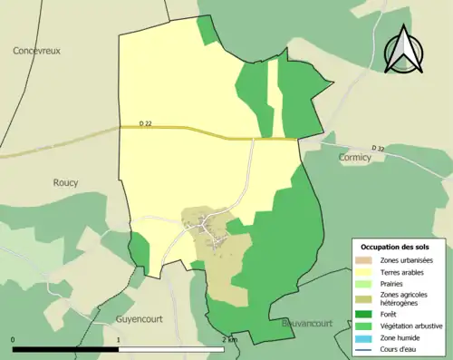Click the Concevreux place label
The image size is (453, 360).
36,52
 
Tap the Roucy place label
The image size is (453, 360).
65,182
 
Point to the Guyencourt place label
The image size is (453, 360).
141,320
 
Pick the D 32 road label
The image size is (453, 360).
379,147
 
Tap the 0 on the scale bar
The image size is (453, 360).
14,340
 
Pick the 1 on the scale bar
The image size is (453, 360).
119,340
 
